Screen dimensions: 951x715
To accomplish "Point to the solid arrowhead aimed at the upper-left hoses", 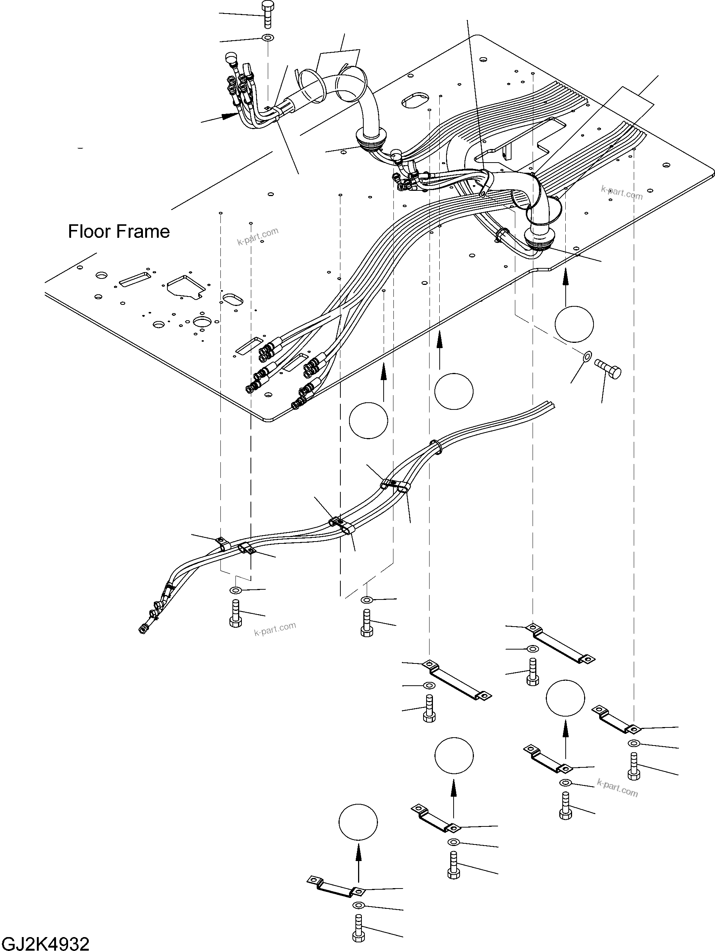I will tap(229, 115).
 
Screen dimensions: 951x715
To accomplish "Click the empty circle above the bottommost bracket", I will tap(358, 822).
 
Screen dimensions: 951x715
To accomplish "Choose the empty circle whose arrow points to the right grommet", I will tap(574, 324).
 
